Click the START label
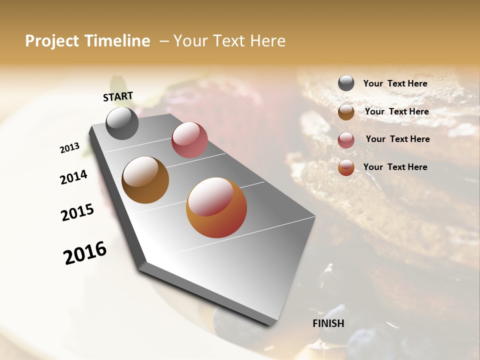pos(118,96)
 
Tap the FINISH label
pos(328,323)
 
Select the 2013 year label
pos(69,148)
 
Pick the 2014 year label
pos(73,177)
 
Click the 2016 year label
pos(85,253)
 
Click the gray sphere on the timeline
pos(122,123)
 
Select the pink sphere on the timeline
pos(189,140)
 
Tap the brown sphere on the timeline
pos(145,180)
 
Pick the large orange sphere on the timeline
pos(216,207)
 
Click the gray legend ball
pos(346,83)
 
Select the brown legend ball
pos(346,112)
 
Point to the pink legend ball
pos(346,140)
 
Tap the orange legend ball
pos(346,168)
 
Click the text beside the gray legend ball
pos(395,84)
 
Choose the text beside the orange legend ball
pos(395,167)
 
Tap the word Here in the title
pos(267,41)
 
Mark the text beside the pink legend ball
pos(397,139)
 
